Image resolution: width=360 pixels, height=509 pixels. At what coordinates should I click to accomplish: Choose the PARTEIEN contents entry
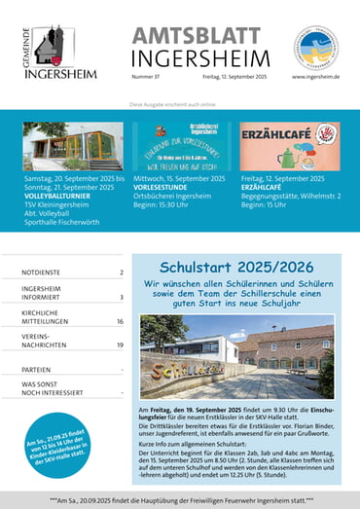[x=38, y=370]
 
